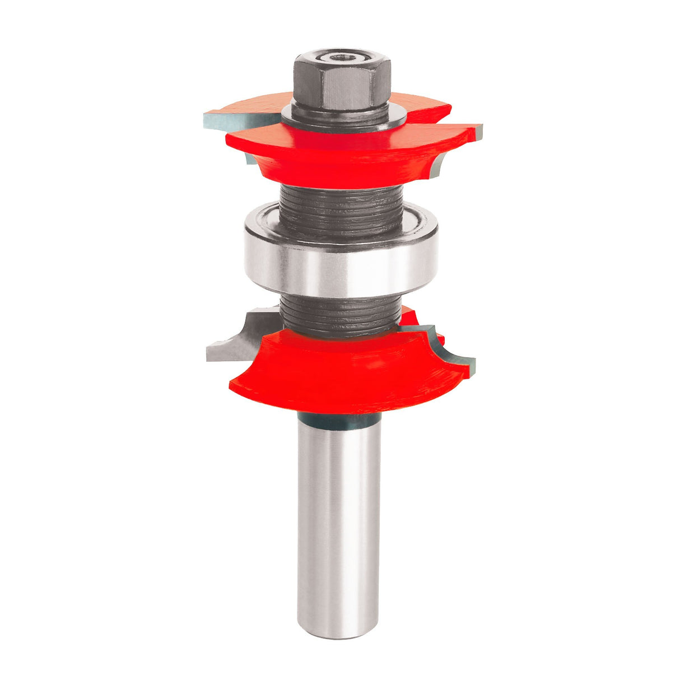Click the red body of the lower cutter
(x=336, y=375)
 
